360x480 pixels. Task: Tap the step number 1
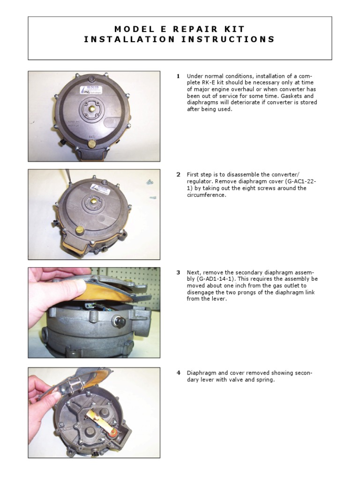coord(178,76)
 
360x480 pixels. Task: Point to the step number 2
coord(178,175)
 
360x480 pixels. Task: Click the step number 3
coord(178,272)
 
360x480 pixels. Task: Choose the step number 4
coord(178,373)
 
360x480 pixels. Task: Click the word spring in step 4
coord(265,380)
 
